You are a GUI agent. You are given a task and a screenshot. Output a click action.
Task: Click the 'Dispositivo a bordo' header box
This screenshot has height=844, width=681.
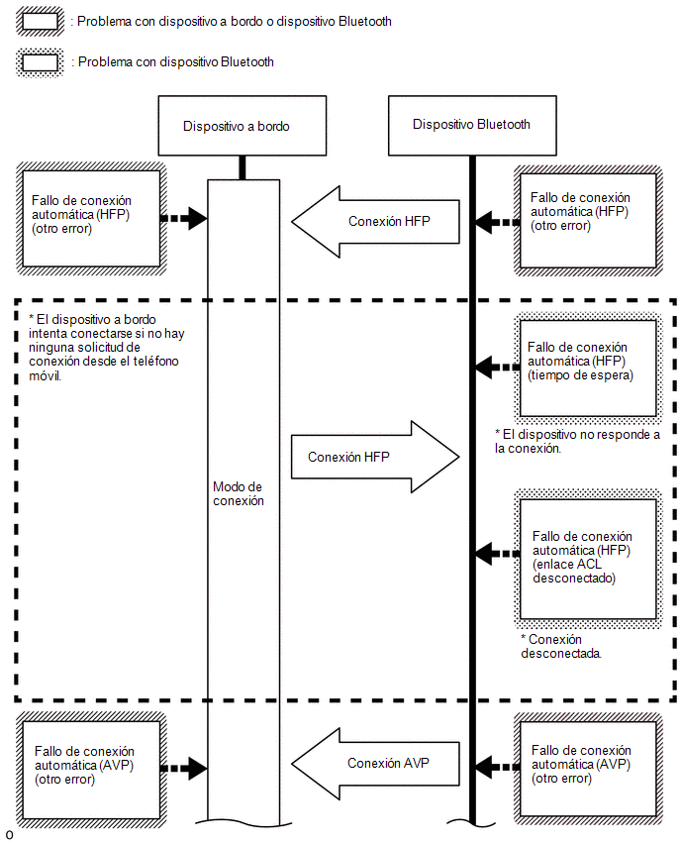click(x=243, y=126)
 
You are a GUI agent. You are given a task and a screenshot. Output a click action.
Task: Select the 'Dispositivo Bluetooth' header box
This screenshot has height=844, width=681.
click(x=472, y=126)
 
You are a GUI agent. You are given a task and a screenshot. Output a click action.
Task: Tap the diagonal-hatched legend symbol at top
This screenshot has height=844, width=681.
click(x=40, y=22)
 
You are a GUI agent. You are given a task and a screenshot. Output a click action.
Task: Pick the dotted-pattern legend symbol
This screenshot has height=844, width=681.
click(x=40, y=62)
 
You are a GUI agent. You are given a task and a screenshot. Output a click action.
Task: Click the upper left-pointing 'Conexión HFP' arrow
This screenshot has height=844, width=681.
click(x=375, y=222)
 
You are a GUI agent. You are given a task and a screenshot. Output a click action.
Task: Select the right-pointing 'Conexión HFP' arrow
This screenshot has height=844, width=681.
click(x=375, y=457)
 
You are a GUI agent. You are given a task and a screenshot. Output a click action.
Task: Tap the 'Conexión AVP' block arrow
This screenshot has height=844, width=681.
click(x=375, y=763)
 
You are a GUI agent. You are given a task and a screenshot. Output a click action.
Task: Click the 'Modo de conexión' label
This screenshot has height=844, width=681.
click(x=239, y=493)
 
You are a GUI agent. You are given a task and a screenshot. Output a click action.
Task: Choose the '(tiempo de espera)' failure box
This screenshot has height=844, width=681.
click(x=588, y=369)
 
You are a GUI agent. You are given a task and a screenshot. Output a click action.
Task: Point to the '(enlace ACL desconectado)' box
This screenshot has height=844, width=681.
click(x=588, y=559)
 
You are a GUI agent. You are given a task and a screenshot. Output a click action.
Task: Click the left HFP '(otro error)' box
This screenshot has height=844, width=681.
click(x=91, y=219)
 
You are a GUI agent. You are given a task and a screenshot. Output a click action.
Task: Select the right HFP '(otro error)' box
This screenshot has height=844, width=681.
click(x=588, y=221)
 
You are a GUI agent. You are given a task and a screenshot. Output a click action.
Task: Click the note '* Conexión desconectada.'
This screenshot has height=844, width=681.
click(x=561, y=647)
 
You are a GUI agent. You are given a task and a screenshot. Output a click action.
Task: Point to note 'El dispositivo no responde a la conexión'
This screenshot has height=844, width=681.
click(x=577, y=442)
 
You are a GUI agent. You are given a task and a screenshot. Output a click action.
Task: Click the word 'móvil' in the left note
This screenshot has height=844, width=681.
click(x=46, y=375)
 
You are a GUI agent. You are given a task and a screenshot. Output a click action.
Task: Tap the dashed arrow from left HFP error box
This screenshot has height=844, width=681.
click(x=184, y=219)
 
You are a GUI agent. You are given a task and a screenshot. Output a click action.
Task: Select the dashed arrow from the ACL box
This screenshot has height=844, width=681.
click(x=498, y=554)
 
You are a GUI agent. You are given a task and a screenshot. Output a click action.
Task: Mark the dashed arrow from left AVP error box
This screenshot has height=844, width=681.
click(x=184, y=769)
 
